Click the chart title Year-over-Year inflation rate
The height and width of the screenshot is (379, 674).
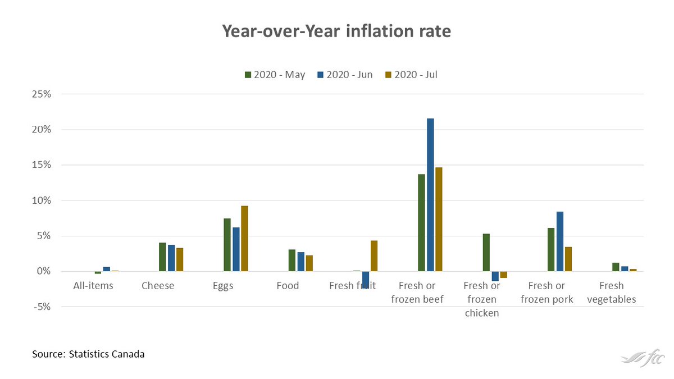tap(337, 31)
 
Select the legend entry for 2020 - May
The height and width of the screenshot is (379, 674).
tap(275, 74)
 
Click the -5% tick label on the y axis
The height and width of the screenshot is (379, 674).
tap(42, 307)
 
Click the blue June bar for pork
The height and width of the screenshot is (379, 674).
tap(560, 241)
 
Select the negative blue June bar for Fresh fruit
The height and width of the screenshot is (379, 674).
tap(366, 280)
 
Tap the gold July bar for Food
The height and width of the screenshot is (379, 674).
tap(309, 263)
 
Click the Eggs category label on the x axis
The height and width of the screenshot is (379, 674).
tap(223, 286)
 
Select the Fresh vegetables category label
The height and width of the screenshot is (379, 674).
tap(612, 293)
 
